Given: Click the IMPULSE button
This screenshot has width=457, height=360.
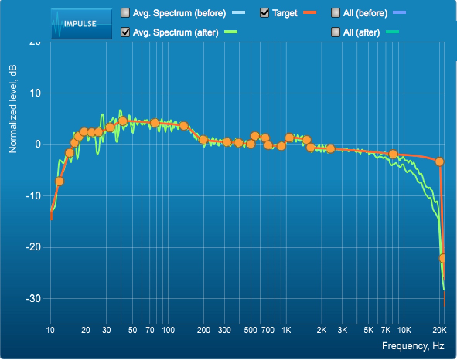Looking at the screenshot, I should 82,24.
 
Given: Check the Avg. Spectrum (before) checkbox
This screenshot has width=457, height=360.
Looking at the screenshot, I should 125,13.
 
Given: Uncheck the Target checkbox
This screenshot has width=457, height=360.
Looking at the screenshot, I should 265,13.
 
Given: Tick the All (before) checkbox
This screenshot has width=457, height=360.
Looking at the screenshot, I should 336,13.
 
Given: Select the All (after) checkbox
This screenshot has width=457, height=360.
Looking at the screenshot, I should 336,32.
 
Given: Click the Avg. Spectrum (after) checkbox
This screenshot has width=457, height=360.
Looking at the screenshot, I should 125,32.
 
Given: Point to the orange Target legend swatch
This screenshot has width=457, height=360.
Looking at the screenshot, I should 310,13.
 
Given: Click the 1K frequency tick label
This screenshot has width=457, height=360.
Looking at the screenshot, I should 286,330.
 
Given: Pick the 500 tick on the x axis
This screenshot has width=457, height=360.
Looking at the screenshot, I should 251,330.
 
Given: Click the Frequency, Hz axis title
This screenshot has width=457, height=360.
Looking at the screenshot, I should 413,346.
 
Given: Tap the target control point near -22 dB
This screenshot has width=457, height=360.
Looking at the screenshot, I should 443,258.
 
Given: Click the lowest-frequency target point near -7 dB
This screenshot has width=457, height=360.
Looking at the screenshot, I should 59,181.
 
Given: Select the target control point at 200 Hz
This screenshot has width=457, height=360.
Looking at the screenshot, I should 203,140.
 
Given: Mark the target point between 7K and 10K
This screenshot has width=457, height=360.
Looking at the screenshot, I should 393,154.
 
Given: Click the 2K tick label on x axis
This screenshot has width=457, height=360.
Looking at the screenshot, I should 321,330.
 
